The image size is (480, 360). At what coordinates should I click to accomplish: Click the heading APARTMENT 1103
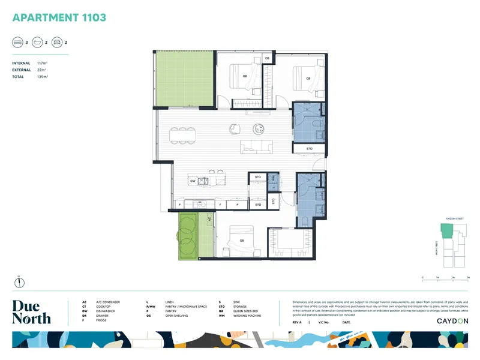(59, 17)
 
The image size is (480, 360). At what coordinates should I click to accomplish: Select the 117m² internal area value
(41, 63)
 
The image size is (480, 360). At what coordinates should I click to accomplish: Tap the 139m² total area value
(41, 77)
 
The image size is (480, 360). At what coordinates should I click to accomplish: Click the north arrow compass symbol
(18, 281)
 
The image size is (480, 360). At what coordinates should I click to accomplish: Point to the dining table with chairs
(184, 135)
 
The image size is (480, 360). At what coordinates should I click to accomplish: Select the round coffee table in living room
(260, 127)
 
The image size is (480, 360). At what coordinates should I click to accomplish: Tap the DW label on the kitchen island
(193, 181)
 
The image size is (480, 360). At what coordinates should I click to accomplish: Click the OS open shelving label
(268, 58)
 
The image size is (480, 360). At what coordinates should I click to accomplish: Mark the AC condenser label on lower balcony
(209, 220)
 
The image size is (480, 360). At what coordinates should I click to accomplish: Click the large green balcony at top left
(184, 79)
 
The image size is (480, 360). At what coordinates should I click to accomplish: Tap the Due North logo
(31, 312)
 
